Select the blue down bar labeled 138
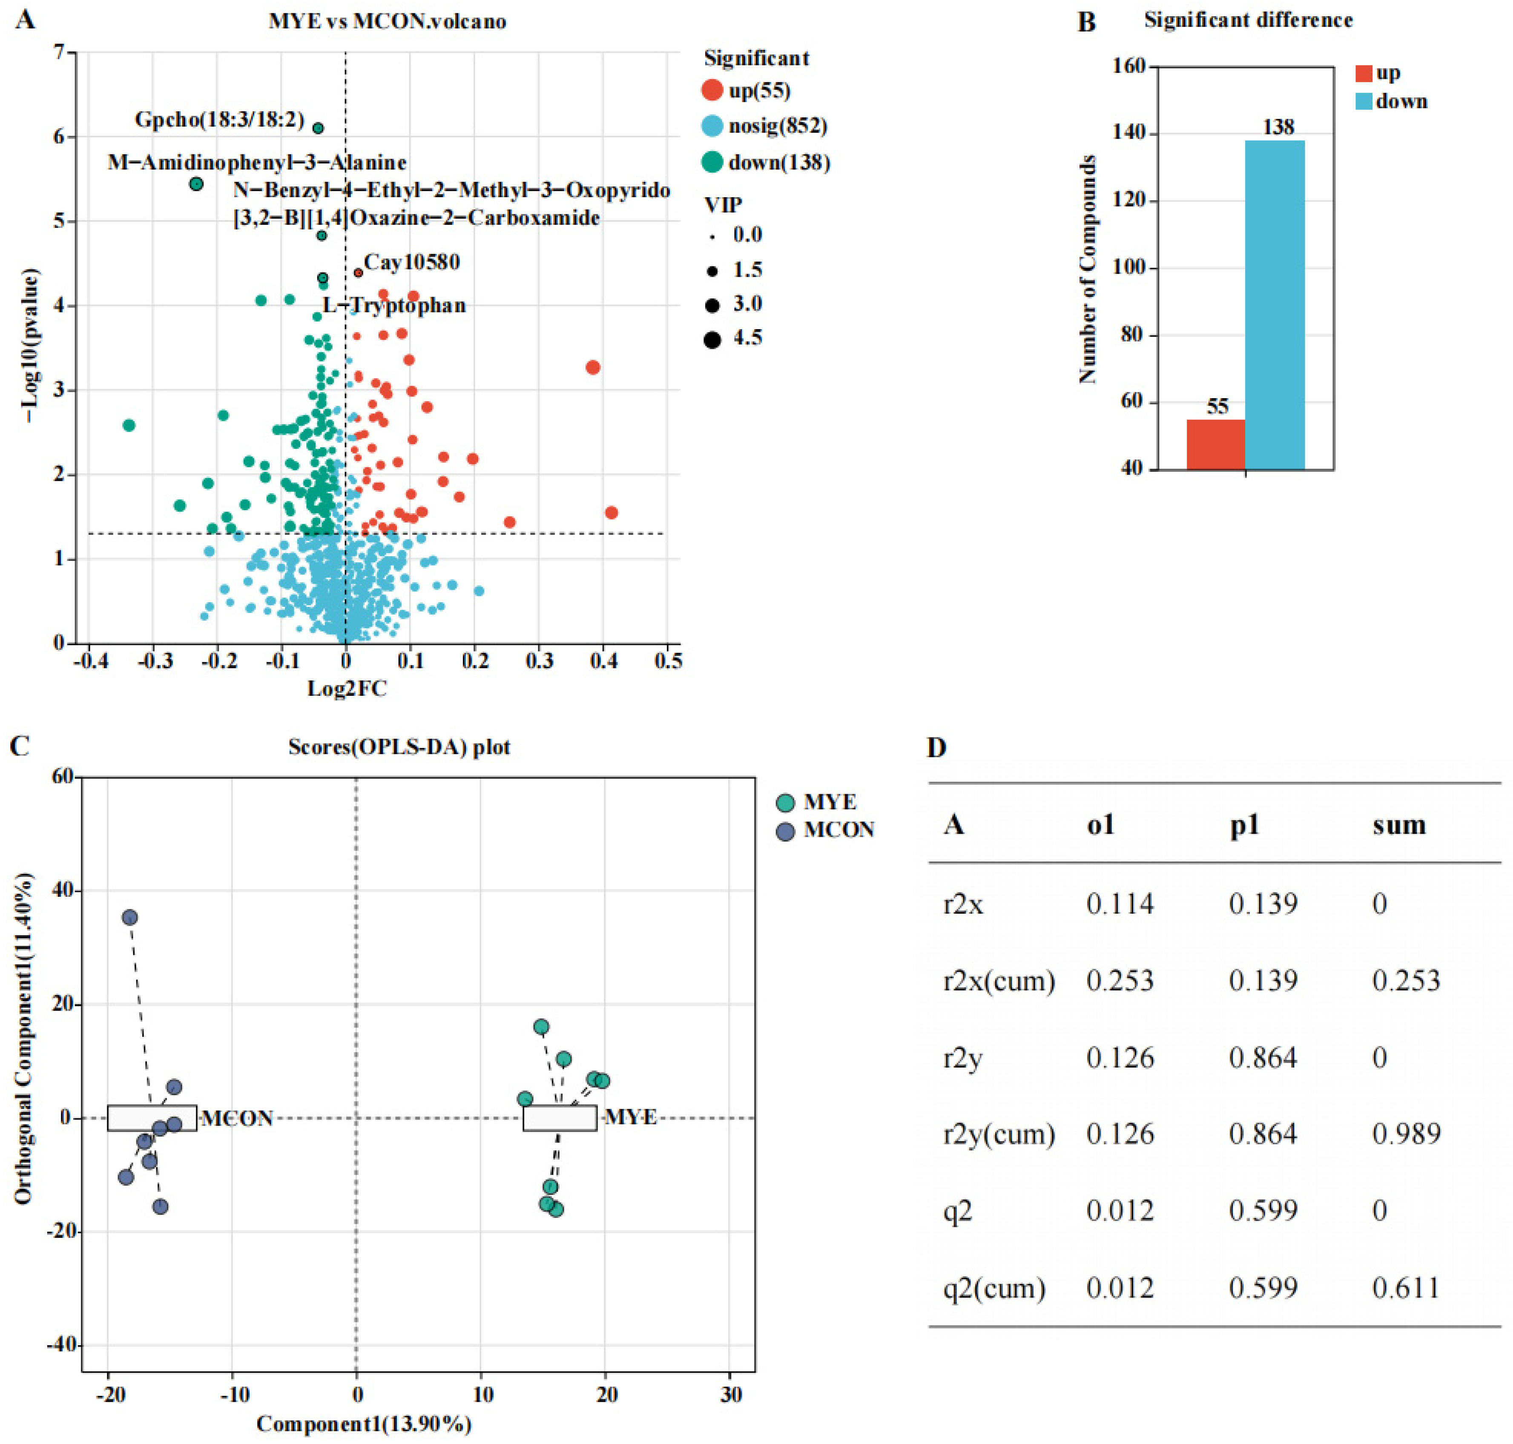pyautogui.click(x=1275, y=305)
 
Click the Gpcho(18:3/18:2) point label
pyautogui.click(x=219, y=120)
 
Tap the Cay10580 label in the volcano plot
pyautogui.click(x=412, y=262)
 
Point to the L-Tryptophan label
pyautogui.click(x=394, y=306)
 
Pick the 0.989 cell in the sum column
pyautogui.click(x=1406, y=1134)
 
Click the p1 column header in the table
pyautogui.click(x=1244, y=825)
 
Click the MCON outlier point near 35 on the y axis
pyautogui.click(x=130, y=918)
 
